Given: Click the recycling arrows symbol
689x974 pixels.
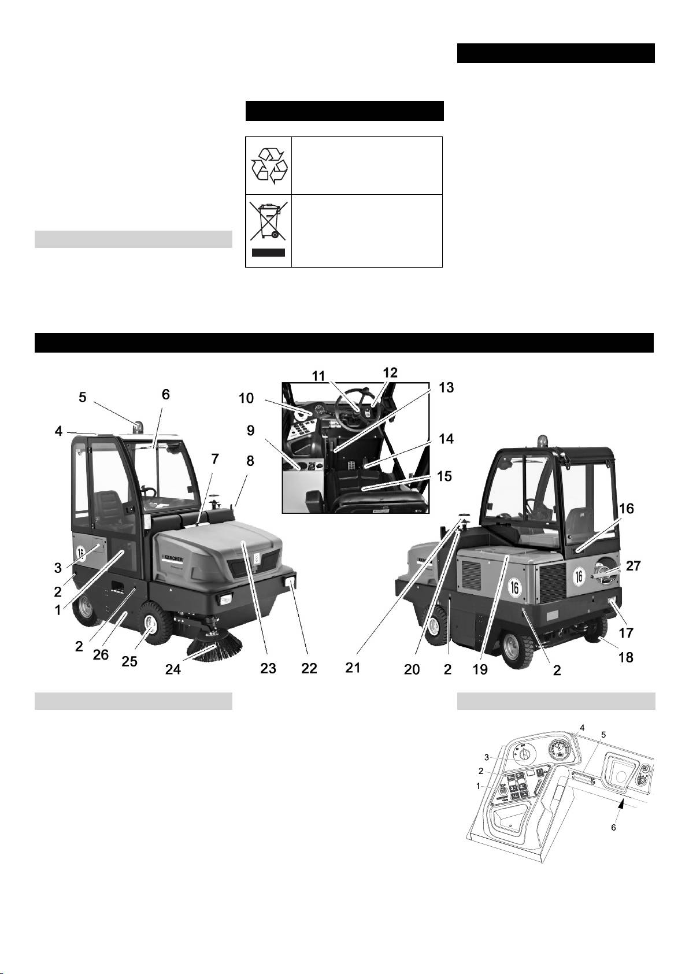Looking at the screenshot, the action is click(x=269, y=165).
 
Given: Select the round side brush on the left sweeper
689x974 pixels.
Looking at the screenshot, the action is click(x=213, y=646).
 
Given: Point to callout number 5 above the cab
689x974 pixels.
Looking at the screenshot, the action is click(x=83, y=397).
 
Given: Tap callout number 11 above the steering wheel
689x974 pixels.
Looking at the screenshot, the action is click(x=318, y=376).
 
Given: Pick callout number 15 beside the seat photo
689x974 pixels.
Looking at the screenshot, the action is click(x=444, y=476).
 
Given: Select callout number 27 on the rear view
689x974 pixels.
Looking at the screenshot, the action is click(x=633, y=566).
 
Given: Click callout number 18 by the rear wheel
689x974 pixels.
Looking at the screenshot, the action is click(x=626, y=657).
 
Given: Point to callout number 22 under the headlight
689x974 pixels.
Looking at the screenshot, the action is click(x=309, y=668).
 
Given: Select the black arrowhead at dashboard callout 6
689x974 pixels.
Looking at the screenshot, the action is click(x=623, y=805).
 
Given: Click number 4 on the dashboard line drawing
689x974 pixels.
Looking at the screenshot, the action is click(x=582, y=727).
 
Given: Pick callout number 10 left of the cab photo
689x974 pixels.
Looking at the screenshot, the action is click(x=246, y=398).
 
